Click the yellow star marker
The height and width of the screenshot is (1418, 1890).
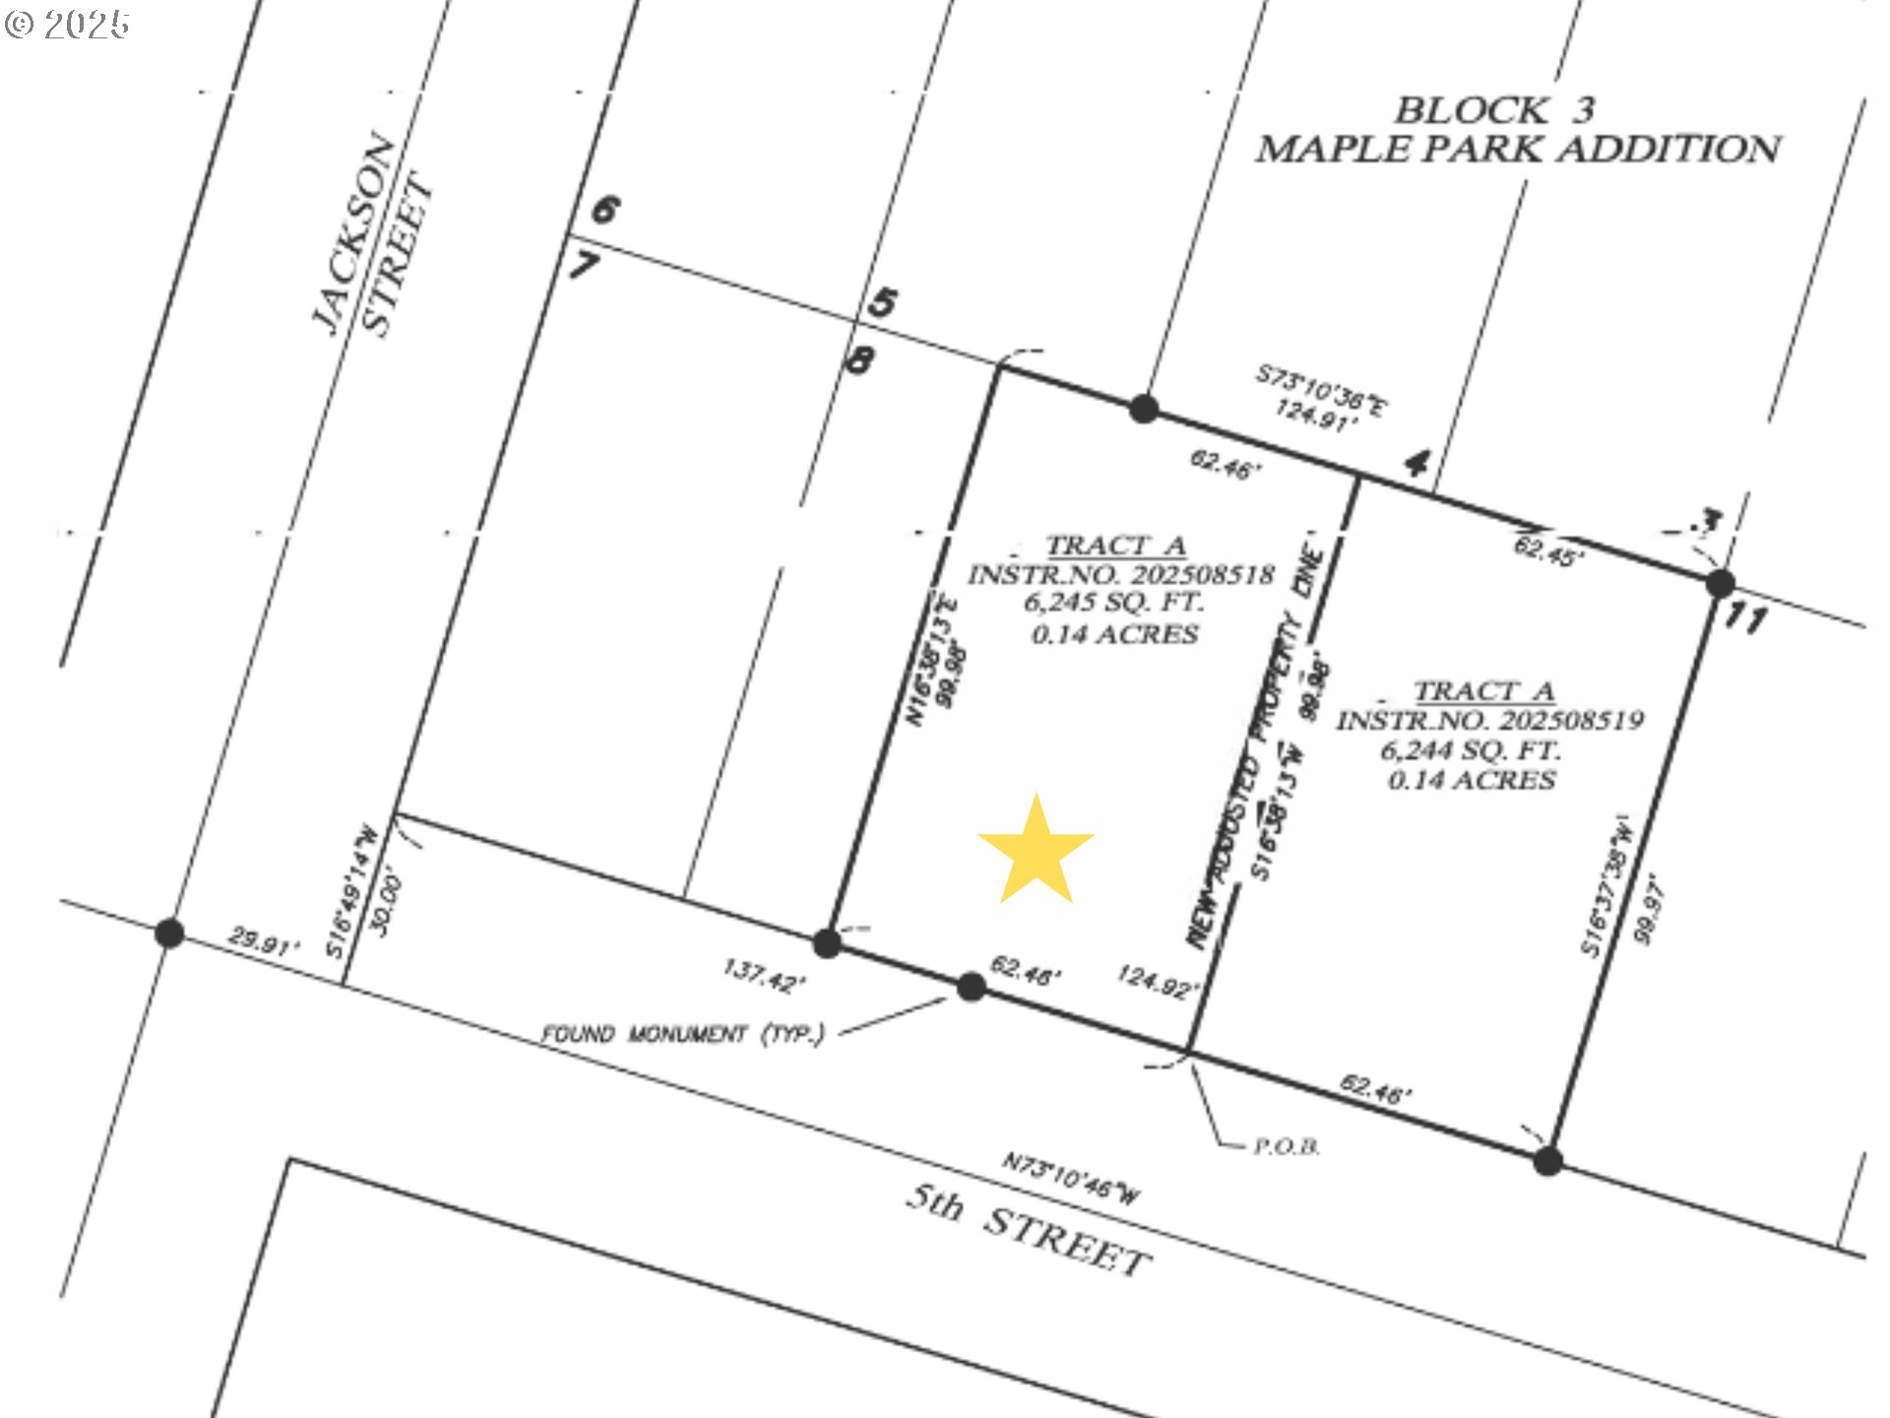1036,851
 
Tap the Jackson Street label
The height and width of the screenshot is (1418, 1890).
372,236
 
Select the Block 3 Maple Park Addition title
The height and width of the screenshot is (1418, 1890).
1518,129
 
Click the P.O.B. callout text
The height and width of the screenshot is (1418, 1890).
1286,1147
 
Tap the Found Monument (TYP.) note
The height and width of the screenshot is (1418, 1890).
682,1034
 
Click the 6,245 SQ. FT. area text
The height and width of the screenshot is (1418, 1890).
1113,603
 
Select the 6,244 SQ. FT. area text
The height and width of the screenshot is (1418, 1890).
1471,750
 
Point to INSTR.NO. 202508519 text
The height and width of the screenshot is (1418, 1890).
1488,721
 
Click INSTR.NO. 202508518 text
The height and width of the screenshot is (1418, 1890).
1120,574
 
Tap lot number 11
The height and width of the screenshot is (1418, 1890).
1744,619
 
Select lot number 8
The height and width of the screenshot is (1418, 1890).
859,360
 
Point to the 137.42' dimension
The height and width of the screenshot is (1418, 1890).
765,976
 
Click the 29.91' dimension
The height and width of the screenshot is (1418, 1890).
263,941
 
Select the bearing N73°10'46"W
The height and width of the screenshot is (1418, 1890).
1071,1178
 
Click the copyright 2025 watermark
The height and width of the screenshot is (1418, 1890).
67,24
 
